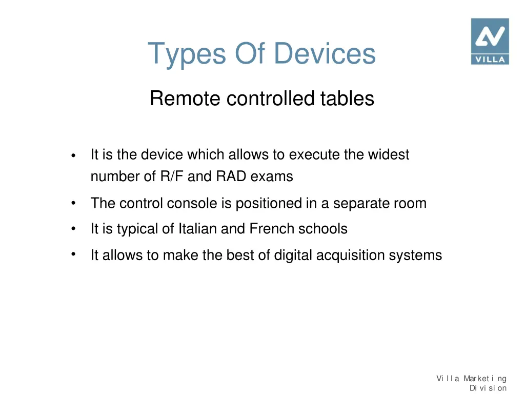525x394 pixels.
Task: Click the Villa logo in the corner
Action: click(x=490, y=41)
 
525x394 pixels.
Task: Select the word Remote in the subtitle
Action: click(x=185, y=98)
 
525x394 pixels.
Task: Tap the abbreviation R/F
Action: click(x=172, y=176)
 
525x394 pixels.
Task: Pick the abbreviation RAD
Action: click(x=232, y=176)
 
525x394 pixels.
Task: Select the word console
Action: click(x=192, y=203)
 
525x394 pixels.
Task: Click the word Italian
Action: click(x=198, y=228)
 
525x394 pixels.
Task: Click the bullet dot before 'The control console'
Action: click(x=74, y=204)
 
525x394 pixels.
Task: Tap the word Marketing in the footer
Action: click(x=485, y=379)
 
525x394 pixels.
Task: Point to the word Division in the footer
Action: click(x=488, y=388)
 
